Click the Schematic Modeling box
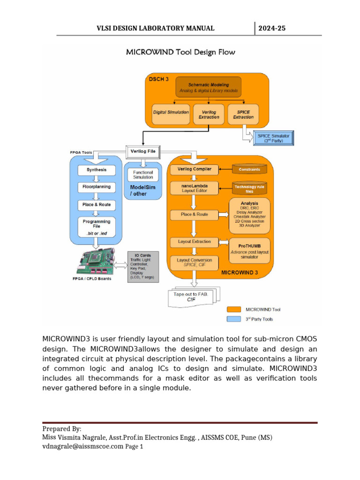pos(209,87)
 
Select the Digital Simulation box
pos(171,114)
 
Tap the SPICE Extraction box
pos(243,114)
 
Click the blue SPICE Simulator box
pos(273,138)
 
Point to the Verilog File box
pos(143,152)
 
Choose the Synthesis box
pos(97,170)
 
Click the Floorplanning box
pos(97,187)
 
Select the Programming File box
pos(97,227)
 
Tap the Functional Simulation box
pos(143,175)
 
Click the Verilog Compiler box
pos(195,169)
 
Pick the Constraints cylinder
pos(249,169)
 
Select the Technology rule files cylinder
pos(249,188)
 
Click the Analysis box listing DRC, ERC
pos(249,216)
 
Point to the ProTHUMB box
pos(249,251)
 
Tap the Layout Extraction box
pos(195,242)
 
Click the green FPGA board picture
pos(96,261)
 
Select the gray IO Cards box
pos(143,266)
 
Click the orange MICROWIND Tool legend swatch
pos(234,309)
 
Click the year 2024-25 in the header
pos(272,29)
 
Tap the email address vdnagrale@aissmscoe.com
pos(82,446)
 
